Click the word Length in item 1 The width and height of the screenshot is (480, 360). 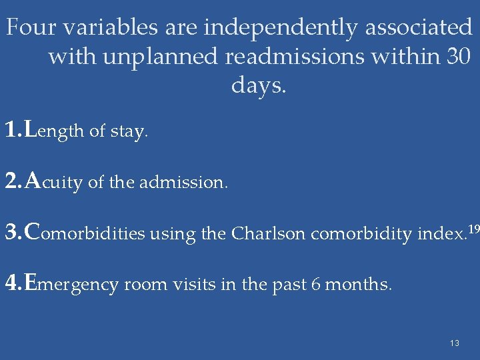(54, 131)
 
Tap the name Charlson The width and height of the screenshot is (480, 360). (269, 233)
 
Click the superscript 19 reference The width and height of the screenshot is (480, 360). (473, 229)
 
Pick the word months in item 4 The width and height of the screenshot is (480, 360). (359, 285)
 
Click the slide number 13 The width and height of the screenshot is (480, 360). (455, 343)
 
